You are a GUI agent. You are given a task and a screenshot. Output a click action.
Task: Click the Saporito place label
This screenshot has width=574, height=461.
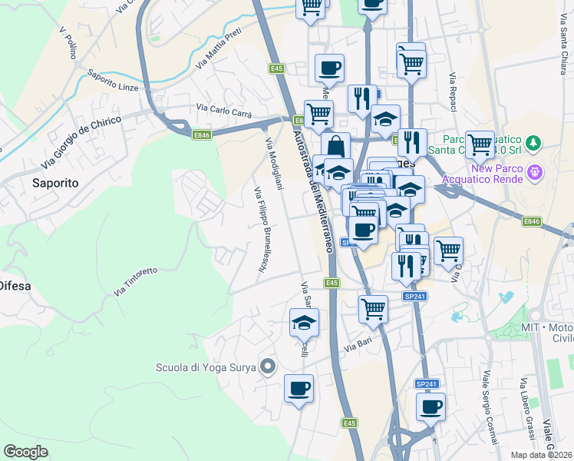[x=55, y=183]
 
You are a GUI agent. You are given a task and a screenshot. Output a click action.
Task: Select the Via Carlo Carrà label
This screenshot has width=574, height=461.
[x=224, y=110]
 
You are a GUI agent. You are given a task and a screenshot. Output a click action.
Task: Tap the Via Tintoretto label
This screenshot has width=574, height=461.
[x=136, y=282]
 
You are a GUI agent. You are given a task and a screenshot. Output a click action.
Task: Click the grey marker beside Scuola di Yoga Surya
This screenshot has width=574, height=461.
[x=267, y=366]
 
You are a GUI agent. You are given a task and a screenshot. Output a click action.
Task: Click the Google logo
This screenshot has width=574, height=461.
[x=25, y=452]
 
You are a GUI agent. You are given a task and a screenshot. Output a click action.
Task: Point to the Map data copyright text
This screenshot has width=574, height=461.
[x=542, y=455]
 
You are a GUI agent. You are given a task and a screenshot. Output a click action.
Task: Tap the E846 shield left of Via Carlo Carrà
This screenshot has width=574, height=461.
[x=202, y=135]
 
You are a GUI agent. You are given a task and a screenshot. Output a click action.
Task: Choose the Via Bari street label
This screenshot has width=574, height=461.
[x=358, y=348]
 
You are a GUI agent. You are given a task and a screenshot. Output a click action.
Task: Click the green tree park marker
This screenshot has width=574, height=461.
[x=536, y=143]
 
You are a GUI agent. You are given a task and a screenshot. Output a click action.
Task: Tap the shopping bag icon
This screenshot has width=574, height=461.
[x=336, y=144]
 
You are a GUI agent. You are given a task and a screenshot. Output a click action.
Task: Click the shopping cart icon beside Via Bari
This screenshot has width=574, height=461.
[x=373, y=308]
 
